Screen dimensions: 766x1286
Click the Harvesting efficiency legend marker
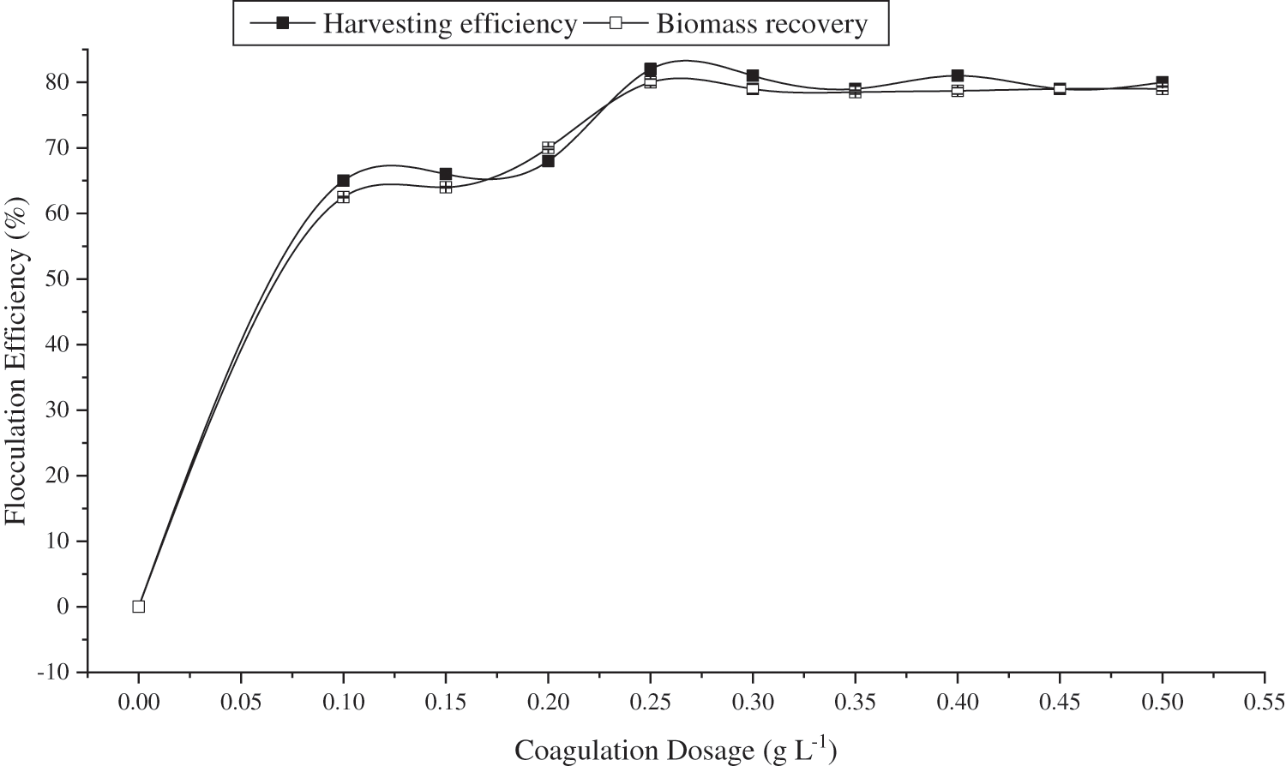click(x=282, y=24)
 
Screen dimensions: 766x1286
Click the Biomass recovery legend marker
click(x=615, y=24)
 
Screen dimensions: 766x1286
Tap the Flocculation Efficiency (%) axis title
click(x=16, y=361)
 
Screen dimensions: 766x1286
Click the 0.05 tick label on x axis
click(x=241, y=703)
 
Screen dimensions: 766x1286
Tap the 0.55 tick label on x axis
click(x=1265, y=703)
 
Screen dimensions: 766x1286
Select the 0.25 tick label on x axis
click(x=651, y=703)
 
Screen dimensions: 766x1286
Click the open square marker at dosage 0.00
click(x=139, y=607)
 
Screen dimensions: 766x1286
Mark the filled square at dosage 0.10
click(x=343, y=180)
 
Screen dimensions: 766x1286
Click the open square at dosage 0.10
click(x=343, y=197)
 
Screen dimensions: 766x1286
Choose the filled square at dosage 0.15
click(x=446, y=174)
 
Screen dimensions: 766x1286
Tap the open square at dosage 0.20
click(x=548, y=147)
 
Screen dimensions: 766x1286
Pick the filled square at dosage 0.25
click(x=651, y=69)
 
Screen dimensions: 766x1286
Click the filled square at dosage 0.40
click(x=958, y=75)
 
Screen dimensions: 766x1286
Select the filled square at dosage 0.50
click(x=1163, y=82)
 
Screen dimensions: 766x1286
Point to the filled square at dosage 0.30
click(x=753, y=75)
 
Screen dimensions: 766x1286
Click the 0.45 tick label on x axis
click(x=1060, y=703)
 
